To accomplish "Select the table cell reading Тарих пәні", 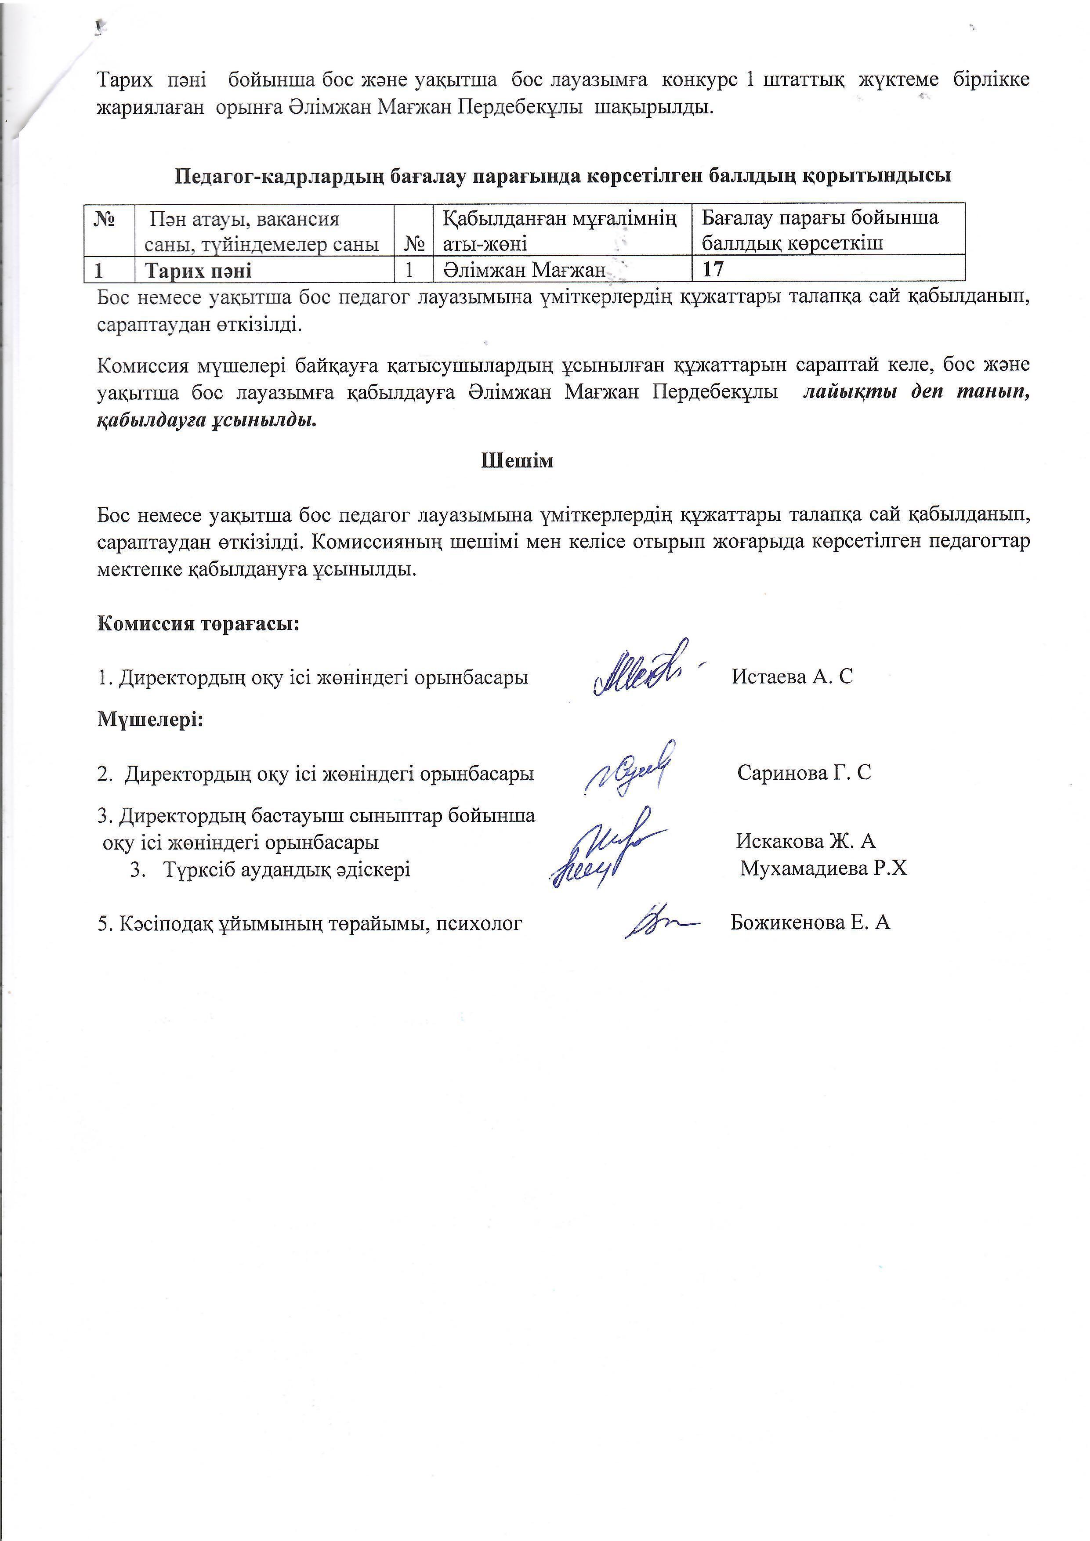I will click(x=199, y=271).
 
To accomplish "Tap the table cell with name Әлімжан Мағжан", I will click(x=524, y=271).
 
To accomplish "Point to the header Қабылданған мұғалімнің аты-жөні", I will click(x=559, y=230).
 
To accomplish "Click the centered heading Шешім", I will click(x=517, y=461).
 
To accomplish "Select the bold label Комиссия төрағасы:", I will click(x=198, y=623).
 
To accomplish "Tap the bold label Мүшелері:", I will click(x=150, y=720).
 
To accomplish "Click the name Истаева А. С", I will click(x=792, y=676).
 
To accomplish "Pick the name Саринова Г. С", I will click(x=804, y=773).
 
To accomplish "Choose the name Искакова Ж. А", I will click(x=805, y=841).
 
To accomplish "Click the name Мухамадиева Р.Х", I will click(x=823, y=869).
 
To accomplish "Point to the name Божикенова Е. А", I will click(x=810, y=922).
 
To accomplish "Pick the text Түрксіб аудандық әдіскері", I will click(x=286, y=870).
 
